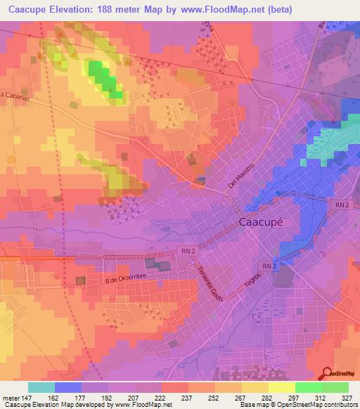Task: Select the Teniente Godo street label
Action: (205, 279)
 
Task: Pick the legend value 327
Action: (347, 397)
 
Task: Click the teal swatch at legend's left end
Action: (41, 387)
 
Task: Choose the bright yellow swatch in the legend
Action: (281, 387)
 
